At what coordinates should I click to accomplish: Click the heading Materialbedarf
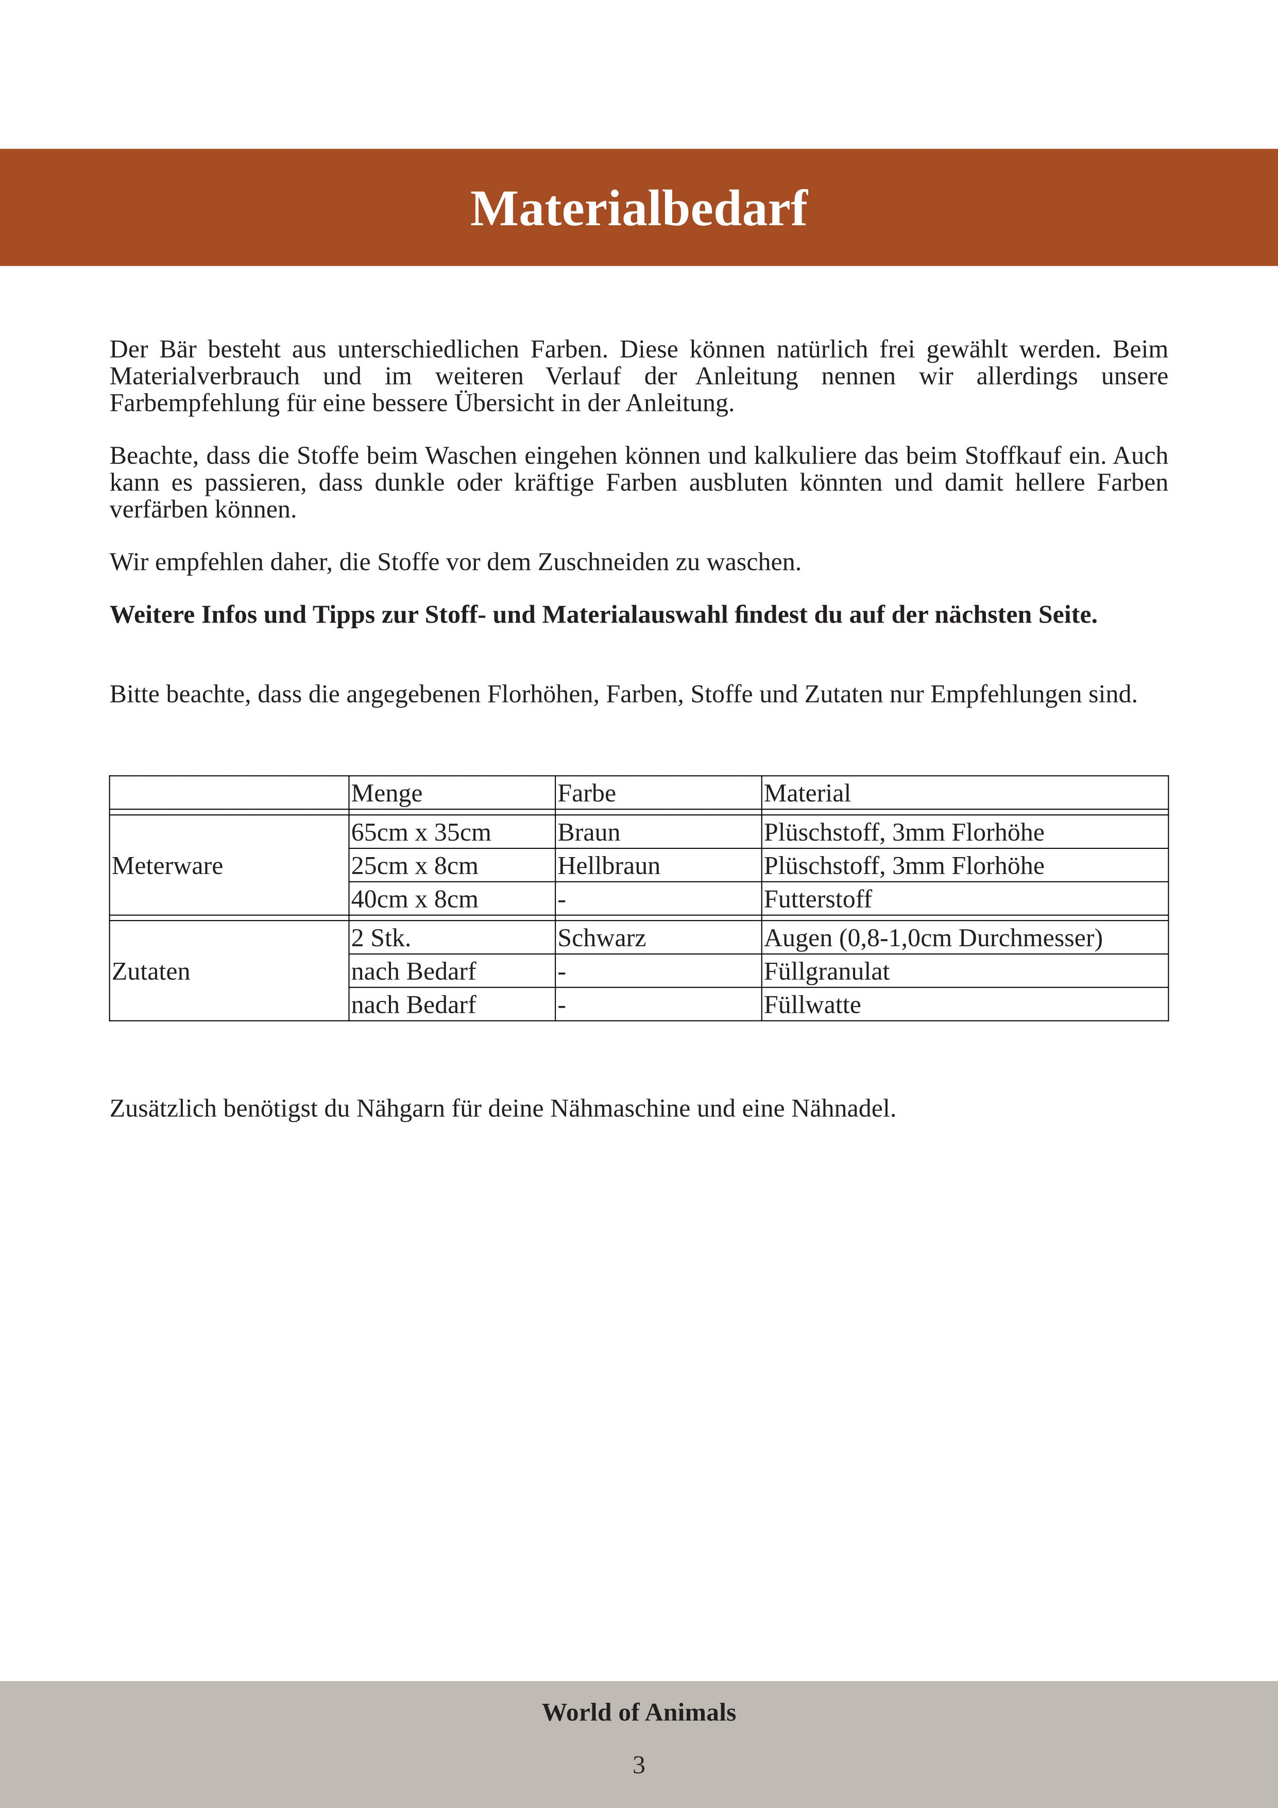(x=638, y=209)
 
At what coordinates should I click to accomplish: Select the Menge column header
(x=386, y=793)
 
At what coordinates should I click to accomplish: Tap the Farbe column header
(x=586, y=793)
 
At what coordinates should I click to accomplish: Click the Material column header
(x=807, y=793)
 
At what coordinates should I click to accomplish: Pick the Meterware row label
(x=167, y=865)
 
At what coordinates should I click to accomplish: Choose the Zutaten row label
(x=151, y=971)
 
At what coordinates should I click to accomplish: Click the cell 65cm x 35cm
(x=421, y=832)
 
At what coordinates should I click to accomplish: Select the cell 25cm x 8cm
(x=415, y=865)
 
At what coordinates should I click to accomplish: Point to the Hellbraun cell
(x=608, y=865)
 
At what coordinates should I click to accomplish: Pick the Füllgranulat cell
(x=826, y=971)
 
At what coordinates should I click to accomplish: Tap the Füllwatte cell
(x=812, y=1005)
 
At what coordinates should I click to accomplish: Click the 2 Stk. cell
(x=381, y=938)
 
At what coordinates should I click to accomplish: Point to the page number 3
(x=638, y=1765)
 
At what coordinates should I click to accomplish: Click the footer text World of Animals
(x=638, y=1712)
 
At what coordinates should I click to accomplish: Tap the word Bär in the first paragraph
(x=178, y=349)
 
